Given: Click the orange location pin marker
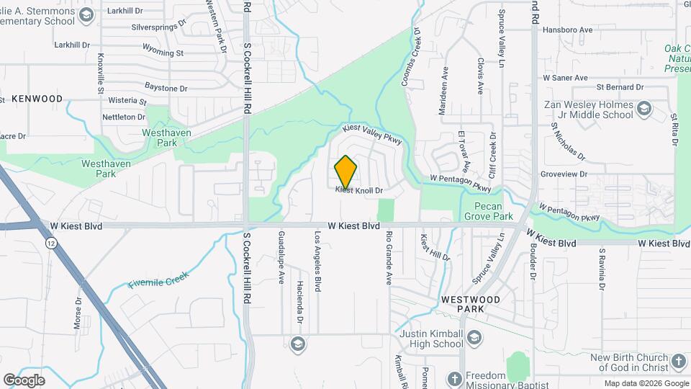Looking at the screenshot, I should tap(345, 171).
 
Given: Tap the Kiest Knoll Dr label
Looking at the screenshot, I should tap(358, 190).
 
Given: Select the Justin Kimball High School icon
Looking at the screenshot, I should tap(474, 337).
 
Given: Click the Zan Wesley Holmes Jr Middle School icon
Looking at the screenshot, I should tap(643, 109).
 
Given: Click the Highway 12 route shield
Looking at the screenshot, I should tap(50, 244).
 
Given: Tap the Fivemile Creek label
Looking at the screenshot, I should tap(158, 280).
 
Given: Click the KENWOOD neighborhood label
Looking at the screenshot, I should tap(37, 98).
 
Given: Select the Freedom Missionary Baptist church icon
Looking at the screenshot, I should tap(453, 378).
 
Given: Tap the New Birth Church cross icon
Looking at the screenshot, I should tap(677, 361).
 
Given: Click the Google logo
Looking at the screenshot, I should tap(24, 380).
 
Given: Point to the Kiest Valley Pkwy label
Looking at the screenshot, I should tap(371, 135).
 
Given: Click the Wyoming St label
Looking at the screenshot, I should tap(163, 53).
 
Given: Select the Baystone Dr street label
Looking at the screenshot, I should tap(166, 89).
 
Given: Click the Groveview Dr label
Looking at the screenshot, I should tap(584, 174).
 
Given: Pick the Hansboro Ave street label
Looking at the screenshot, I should tap(567, 30).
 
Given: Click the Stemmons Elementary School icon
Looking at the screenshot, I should tap(86, 15).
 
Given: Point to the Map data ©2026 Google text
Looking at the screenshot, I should tap(646, 383).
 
